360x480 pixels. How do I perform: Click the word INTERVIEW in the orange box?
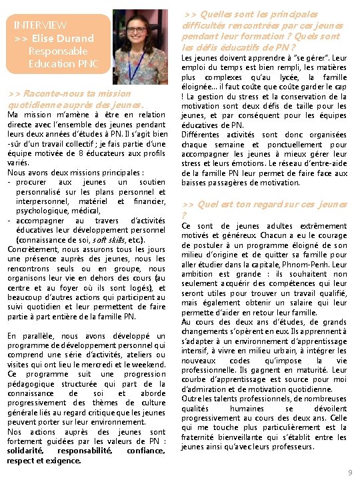(40, 25)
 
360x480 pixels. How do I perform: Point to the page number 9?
(350, 473)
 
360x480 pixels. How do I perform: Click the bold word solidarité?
(27, 451)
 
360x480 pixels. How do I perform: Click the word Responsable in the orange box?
(58, 51)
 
